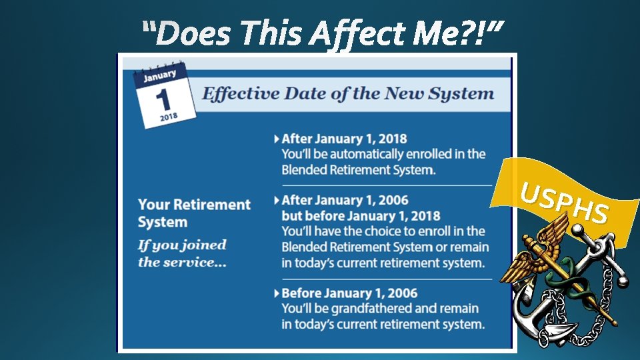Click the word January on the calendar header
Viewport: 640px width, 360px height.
coord(159,75)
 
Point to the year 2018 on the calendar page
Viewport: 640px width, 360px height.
coord(169,117)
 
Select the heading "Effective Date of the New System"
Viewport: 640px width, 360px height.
coord(347,93)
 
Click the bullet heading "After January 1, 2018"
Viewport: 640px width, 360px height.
coord(344,139)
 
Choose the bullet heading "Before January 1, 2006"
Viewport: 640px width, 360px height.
coord(349,293)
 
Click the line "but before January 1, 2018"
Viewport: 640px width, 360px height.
coord(361,215)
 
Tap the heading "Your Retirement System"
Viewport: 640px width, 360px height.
coord(194,213)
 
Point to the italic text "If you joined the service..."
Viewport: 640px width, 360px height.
coord(182,253)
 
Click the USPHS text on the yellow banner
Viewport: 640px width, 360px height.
coord(564,204)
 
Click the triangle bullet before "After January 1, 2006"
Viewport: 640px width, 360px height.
coord(277,200)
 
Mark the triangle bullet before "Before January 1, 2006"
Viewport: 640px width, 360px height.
coord(277,293)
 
